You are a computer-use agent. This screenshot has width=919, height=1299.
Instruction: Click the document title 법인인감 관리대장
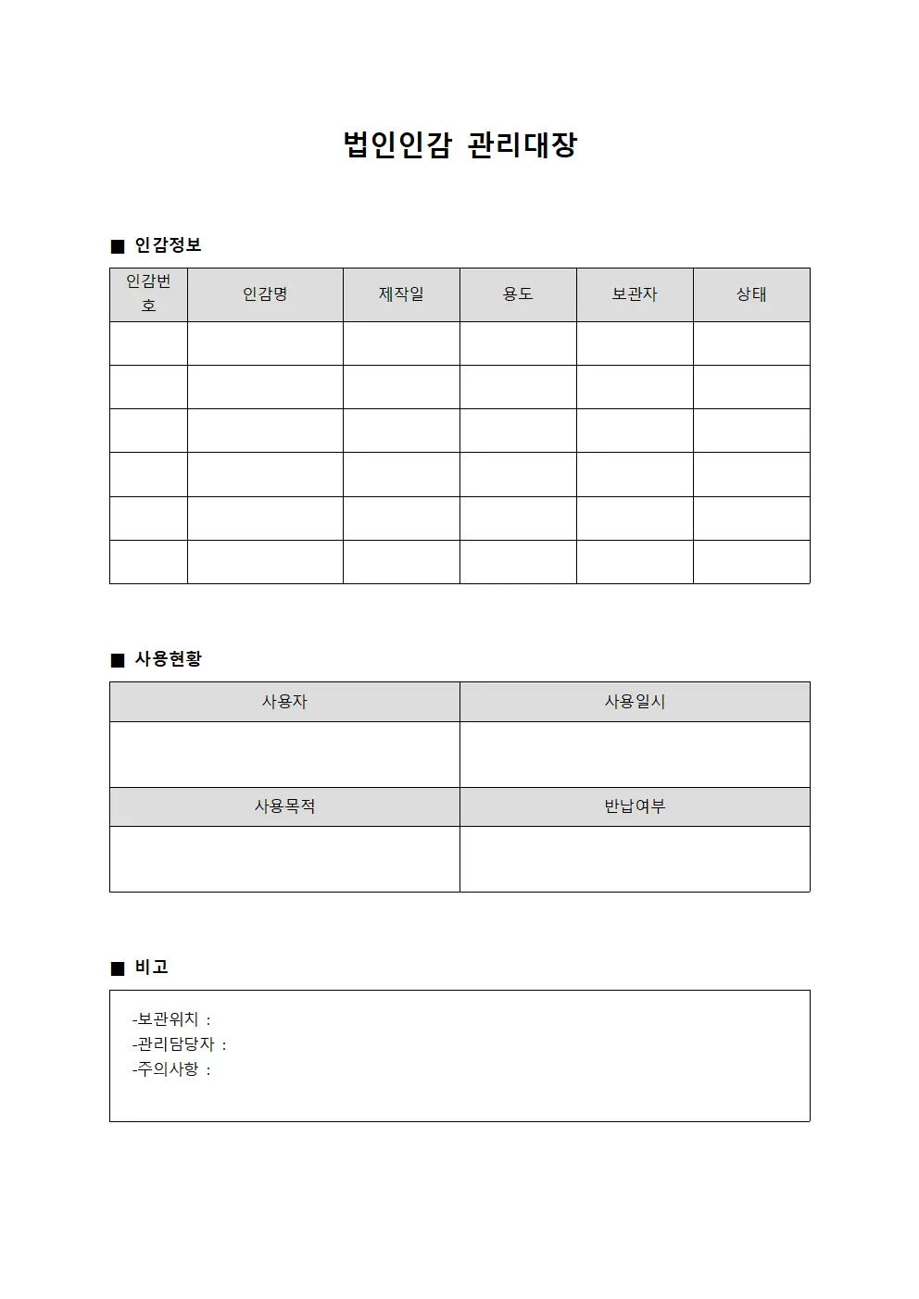(459, 145)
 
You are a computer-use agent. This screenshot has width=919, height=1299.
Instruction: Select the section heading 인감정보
(168, 245)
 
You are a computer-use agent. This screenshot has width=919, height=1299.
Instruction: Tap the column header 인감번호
(148, 294)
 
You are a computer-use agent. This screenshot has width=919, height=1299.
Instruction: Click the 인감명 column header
(265, 294)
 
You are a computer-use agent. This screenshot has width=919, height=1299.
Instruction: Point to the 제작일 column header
(401, 294)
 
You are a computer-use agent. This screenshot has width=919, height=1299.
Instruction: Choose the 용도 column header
(518, 294)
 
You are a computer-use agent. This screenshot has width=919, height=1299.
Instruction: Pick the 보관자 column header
(635, 294)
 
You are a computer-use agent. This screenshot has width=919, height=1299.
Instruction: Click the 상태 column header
(751, 294)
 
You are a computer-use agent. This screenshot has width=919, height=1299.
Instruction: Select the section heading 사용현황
(168, 659)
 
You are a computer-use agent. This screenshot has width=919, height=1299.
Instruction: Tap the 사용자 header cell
(284, 702)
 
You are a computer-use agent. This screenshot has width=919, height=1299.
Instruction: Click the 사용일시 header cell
(635, 702)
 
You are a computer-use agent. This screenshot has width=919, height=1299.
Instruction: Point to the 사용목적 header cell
(284, 806)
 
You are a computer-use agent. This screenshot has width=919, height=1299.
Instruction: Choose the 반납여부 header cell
(635, 806)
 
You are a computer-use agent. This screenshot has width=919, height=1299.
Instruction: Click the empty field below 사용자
(284, 755)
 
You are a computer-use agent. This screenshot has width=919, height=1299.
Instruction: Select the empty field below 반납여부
(635, 859)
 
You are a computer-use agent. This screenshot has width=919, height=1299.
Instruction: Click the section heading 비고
(151, 968)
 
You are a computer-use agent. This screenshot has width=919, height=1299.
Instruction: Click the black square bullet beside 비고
(117, 968)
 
